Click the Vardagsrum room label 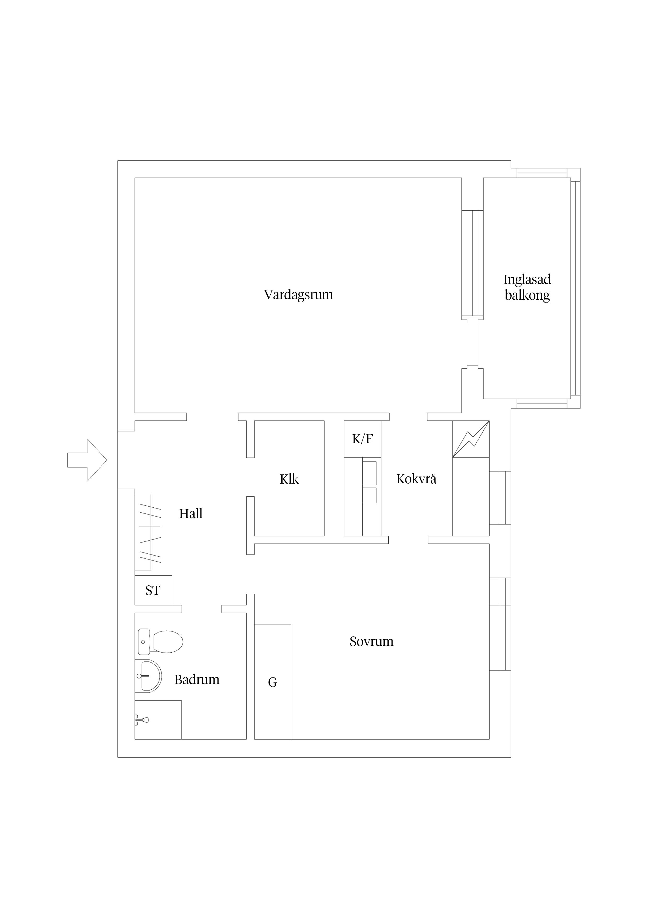(298, 295)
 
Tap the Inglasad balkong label (527, 287)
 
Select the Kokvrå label (416, 479)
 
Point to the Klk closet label (289, 479)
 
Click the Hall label (191, 513)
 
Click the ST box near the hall (153, 590)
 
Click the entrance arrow (87, 460)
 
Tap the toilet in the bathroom (160, 641)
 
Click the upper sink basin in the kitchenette (370, 473)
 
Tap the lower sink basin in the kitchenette (370, 495)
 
